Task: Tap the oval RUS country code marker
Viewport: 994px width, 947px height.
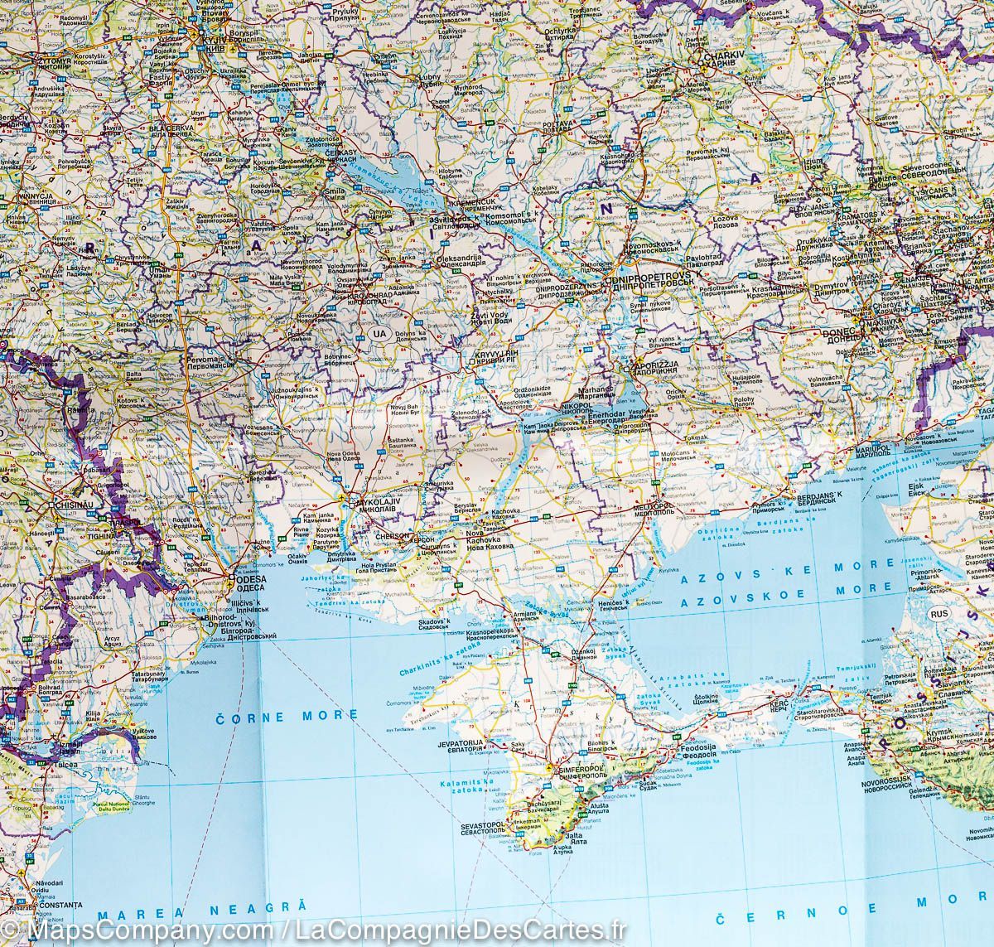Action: [x=939, y=614]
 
